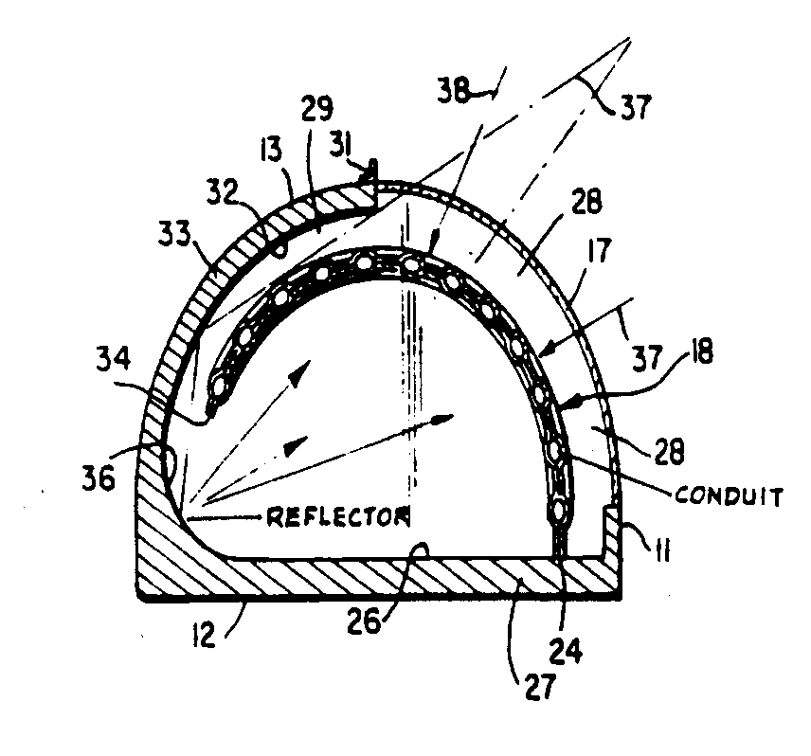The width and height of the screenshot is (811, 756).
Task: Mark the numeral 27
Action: pos(542,684)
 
